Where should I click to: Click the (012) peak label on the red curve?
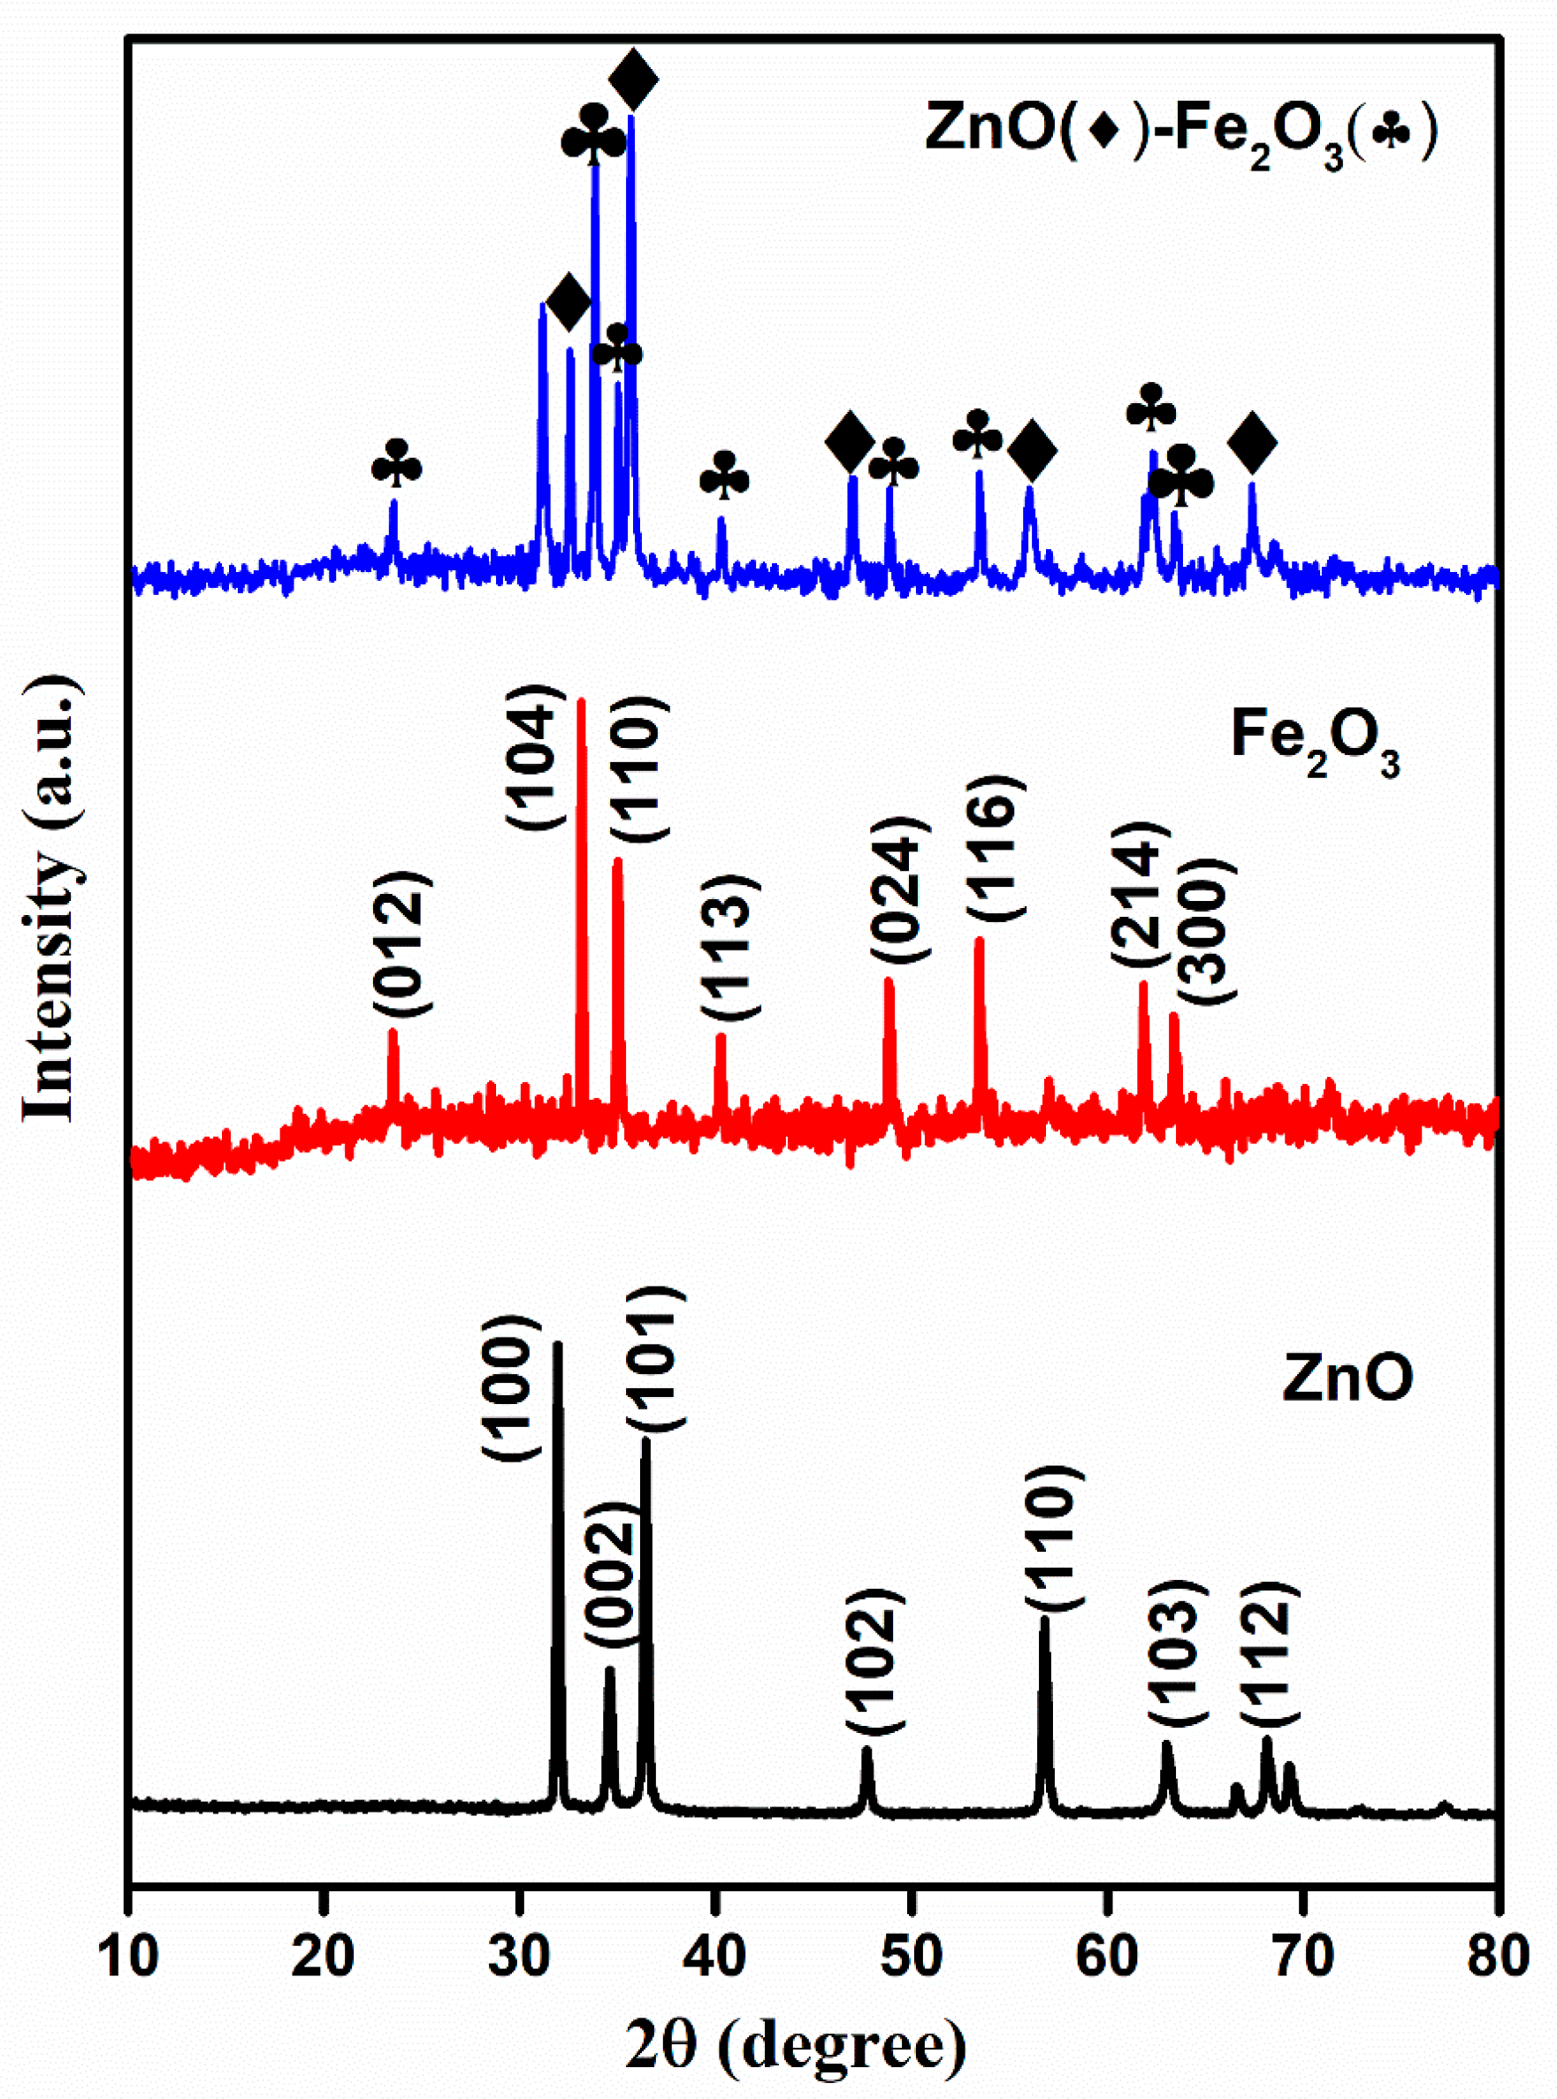(x=402, y=943)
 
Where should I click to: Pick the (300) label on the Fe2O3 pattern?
(x=1204, y=932)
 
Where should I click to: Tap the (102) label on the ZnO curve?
(x=875, y=1660)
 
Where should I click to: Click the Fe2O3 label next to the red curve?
(x=1314, y=737)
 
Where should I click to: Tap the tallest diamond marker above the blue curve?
(x=633, y=80)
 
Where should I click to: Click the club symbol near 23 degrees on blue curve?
(x=396, y=462)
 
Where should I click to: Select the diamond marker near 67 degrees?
(x=1252, y=441)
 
